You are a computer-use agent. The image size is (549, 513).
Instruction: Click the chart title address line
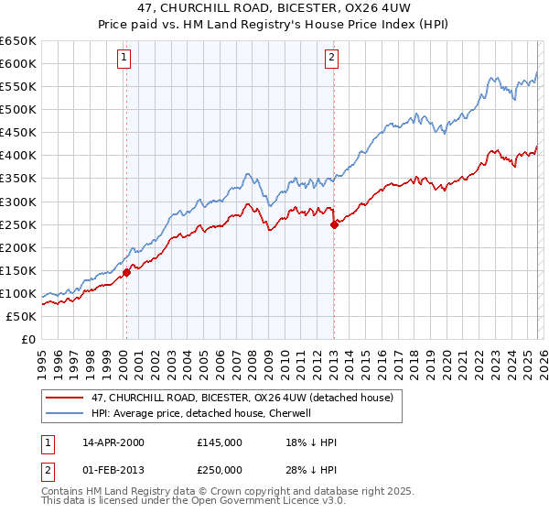click(274, 8)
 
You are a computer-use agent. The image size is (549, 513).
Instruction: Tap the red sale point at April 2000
click(127, 271)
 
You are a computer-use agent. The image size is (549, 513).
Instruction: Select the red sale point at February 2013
click(334, 224)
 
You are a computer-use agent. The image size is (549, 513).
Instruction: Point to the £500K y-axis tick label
click(18, 109)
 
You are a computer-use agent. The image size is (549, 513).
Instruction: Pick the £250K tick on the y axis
click(18, 224)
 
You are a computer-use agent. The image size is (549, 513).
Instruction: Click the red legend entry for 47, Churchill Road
click(242, 398)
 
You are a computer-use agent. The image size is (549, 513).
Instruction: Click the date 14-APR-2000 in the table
click(113, 442)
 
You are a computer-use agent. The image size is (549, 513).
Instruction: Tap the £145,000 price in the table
click(219, 442)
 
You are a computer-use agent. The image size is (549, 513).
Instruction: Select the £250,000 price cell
click(219, 470)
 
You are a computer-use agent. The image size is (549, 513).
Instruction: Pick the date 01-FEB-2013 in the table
click(113, 470)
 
